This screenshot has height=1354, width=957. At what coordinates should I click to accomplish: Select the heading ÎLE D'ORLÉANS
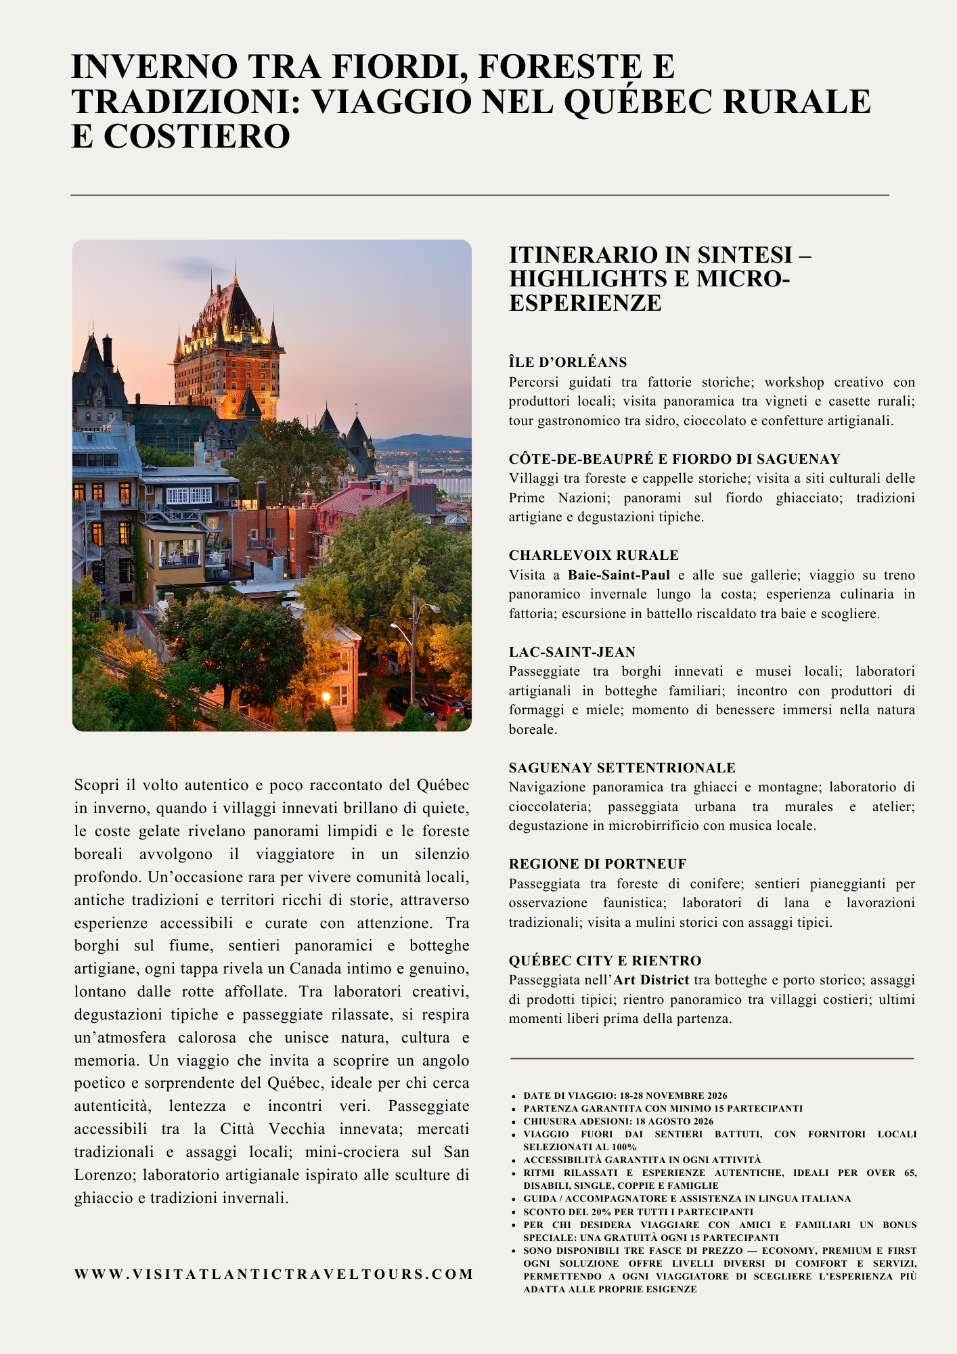click(568, 362)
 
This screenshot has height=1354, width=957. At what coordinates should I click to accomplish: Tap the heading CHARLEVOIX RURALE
click(594, 555)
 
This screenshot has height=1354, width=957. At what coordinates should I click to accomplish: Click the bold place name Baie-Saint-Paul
click(619, 575)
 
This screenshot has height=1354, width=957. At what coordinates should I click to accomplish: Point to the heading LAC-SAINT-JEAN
click(572, 652)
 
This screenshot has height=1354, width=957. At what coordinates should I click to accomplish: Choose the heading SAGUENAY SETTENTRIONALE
click(622, 768)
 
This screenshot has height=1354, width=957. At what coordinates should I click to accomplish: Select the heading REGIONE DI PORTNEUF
click(598, 864)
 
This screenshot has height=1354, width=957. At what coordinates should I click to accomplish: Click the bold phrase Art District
click(651, 980)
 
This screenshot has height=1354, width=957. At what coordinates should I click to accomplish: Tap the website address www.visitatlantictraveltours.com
click(274, 1274)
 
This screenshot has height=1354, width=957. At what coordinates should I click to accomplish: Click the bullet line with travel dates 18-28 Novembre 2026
click(625, 1095)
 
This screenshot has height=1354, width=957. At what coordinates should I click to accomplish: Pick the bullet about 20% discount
click(638, 1212)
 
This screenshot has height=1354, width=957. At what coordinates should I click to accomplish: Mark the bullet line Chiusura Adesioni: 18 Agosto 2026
click(619, 1121)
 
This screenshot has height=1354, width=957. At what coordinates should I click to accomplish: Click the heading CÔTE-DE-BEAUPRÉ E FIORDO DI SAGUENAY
click(674, 459)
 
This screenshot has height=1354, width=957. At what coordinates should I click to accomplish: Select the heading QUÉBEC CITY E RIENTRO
click(605, 961)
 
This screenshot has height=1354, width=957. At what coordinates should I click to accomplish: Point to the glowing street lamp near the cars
click(327, 697)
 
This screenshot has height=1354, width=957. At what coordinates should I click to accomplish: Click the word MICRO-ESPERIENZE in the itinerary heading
click(649, 290)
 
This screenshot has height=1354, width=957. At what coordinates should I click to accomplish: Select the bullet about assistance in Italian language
click(687, 1198)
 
